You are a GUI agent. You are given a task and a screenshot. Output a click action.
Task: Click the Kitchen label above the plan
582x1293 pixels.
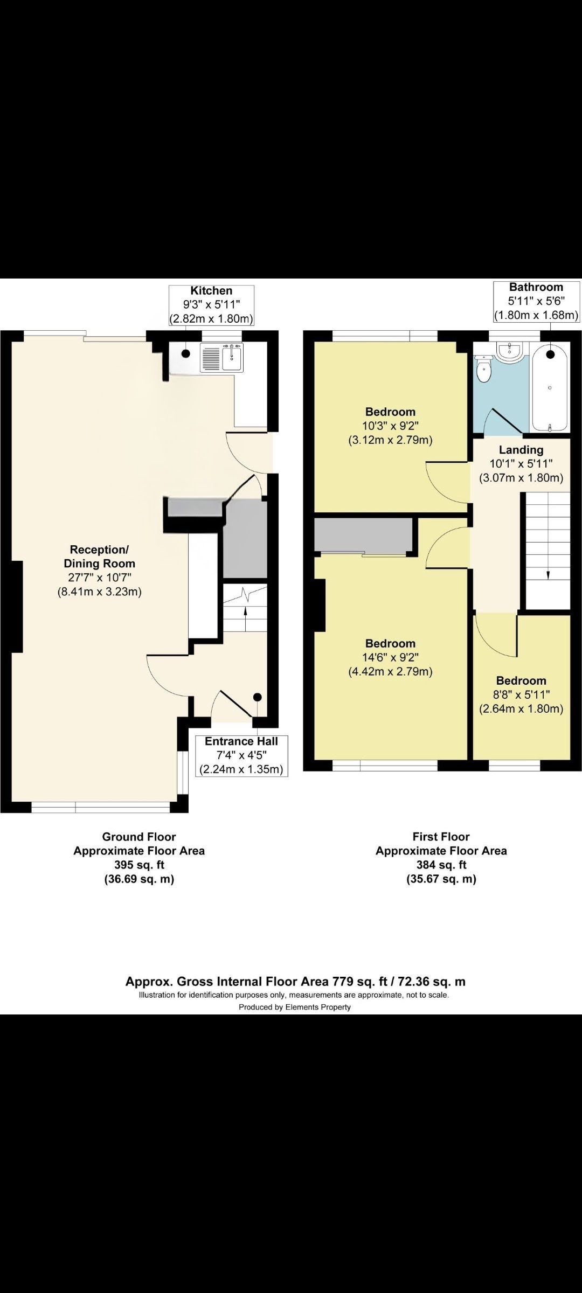(211, 291)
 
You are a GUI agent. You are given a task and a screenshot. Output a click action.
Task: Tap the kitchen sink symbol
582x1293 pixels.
(221, 358)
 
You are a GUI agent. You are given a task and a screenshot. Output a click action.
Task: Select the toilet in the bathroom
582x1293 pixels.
(484, 370)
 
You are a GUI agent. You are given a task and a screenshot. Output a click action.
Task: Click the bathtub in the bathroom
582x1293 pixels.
(550, 388)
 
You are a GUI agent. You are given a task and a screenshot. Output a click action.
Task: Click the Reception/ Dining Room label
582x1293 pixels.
(100, 557)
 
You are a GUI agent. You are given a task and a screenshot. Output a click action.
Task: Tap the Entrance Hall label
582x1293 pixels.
(241, 741)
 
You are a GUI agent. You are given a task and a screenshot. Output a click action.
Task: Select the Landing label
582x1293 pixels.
(521, 450)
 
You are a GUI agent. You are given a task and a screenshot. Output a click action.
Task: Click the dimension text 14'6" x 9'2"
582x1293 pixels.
(391, 658)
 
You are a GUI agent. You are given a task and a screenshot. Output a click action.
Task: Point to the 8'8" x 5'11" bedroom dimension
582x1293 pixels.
(521, 695)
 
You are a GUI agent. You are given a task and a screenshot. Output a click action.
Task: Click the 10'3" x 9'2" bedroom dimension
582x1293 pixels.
(391, 426)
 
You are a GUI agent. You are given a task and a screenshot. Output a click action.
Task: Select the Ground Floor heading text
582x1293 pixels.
(139, 837)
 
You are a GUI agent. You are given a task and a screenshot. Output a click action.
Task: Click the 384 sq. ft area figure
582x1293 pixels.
(441, 865)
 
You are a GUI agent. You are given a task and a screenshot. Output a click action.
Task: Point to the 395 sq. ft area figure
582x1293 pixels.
(139, 865)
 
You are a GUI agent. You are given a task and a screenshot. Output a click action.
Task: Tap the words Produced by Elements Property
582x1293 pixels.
(295, 1007)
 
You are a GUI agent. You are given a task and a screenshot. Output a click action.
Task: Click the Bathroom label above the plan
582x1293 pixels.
(536, 287)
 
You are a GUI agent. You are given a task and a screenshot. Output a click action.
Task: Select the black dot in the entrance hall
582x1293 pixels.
(258, 697)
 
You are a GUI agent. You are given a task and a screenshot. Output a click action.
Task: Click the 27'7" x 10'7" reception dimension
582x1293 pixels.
(100, 578)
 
